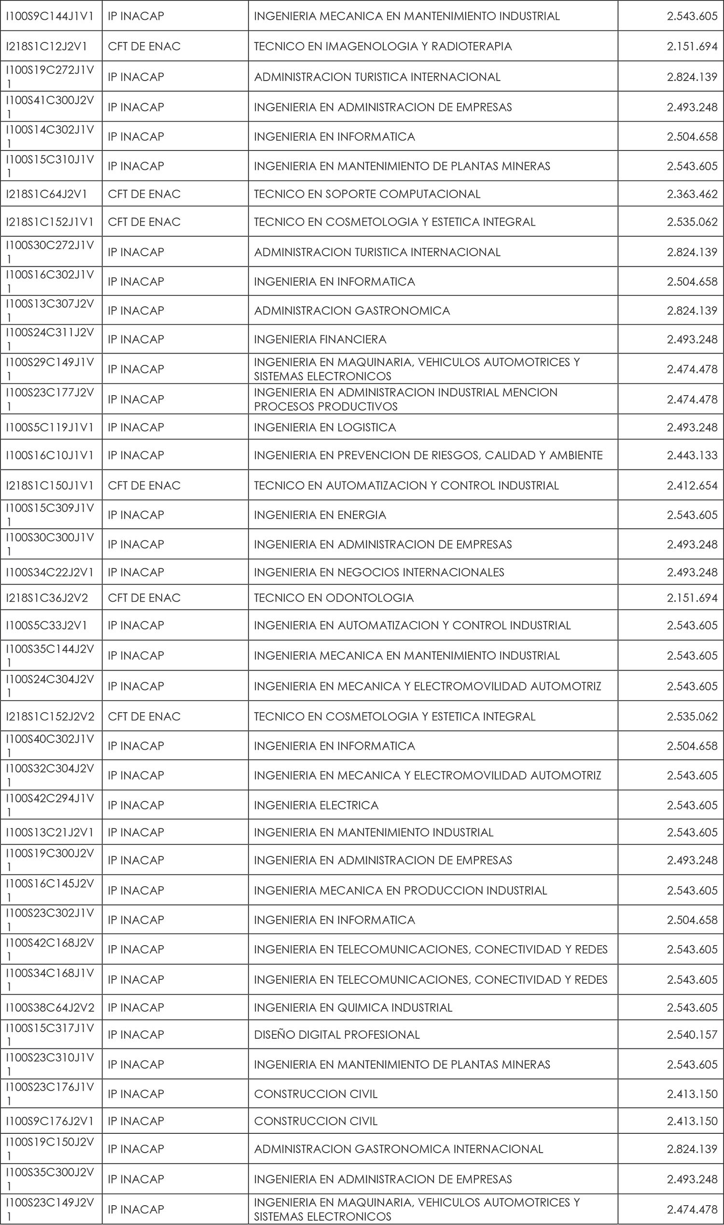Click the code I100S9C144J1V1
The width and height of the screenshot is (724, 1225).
coord(49,16)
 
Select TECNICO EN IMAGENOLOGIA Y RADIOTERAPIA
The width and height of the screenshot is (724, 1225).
coord(382,46)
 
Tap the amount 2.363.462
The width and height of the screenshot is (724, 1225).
coord(692,194)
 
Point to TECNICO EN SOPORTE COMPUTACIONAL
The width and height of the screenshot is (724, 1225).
coord(367,194)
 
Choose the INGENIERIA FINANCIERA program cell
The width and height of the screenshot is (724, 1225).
coord(320,339)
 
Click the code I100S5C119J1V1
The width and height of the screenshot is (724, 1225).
coord(49,427)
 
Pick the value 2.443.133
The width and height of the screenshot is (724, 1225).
coord(692,455)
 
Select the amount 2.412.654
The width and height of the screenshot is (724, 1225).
coord(692,486)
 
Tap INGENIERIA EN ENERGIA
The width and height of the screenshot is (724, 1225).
coord(320,515)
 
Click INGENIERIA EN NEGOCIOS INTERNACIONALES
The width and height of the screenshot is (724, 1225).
coord(378,572)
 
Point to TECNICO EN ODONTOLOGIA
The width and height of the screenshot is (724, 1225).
coord(334,598)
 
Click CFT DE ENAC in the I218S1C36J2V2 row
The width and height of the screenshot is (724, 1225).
coord(144,598)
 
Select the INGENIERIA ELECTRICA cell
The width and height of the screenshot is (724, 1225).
coord(316,805)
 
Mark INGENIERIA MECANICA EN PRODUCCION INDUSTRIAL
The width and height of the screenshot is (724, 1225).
coord(400,891)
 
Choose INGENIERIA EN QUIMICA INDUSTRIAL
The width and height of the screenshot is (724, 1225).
coord(353,1007)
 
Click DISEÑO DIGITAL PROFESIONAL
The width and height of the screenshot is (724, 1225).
coord(336,1035)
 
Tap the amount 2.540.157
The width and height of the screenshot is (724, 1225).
coord(692,1035)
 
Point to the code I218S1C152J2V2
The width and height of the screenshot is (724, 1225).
coord(50,716)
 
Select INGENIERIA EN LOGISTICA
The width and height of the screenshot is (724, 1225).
coord(325,427)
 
